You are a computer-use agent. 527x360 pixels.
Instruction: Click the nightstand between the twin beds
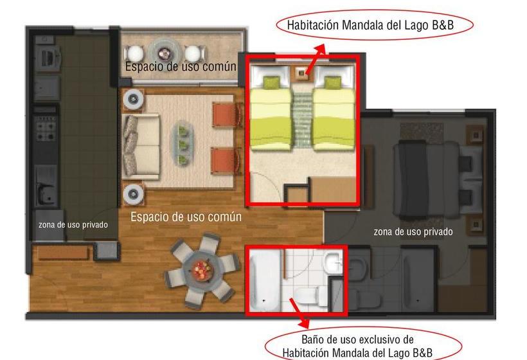click(302, 72)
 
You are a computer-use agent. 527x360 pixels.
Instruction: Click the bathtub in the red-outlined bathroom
click(264, 280)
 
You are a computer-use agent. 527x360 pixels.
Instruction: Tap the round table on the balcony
click(165, 51)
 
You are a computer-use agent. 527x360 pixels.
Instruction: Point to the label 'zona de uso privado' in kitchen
click(73, 225)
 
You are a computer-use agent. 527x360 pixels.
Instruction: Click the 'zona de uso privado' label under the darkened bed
click(413, 231)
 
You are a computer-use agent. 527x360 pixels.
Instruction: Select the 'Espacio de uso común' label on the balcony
click(180, 66)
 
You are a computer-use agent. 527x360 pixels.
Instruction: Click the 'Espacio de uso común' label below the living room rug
click(186, 217)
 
